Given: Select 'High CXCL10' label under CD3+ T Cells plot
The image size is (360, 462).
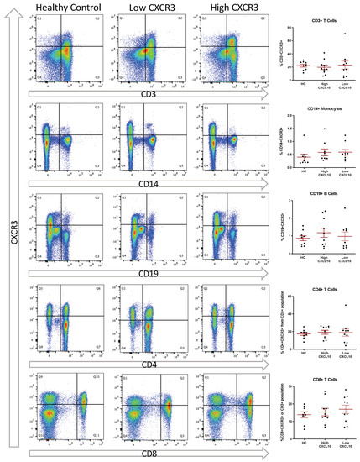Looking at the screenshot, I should tap(323, 89).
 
